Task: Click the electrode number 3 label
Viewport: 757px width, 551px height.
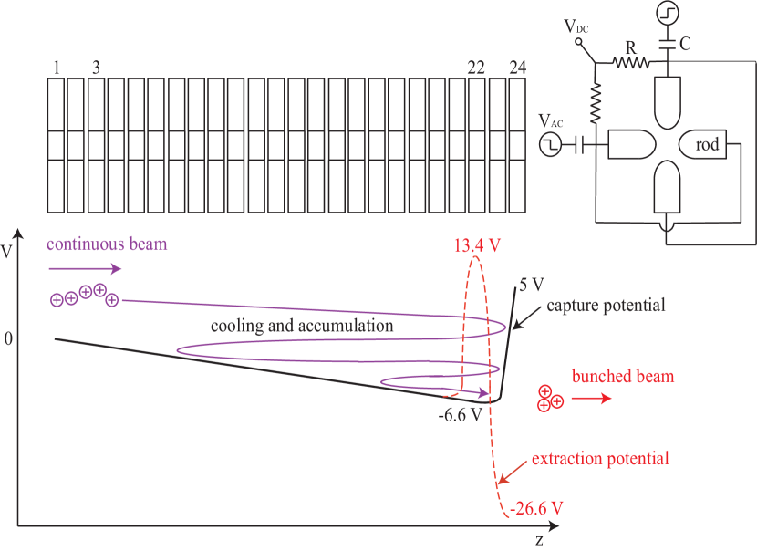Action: coord(96,68)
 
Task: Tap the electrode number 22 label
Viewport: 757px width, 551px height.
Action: coord(476,68)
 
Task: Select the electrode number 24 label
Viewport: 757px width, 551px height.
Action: coord(517,68)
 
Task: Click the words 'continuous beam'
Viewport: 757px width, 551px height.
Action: coord(107,244)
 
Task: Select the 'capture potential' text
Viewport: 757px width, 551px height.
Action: coord(606,305)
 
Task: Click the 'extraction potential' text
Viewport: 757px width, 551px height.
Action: coord(600,458)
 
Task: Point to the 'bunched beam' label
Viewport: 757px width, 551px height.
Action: coord(623,376)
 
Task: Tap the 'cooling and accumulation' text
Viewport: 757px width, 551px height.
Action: coord(302,325)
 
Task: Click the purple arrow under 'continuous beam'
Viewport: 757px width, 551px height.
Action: coord(85,268)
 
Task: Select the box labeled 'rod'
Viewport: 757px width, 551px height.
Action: coord(708,144)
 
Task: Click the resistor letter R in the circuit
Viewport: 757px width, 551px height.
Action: coord(630,46)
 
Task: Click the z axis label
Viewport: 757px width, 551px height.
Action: coord(540,539)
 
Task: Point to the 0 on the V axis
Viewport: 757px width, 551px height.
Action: coord(8,339)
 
